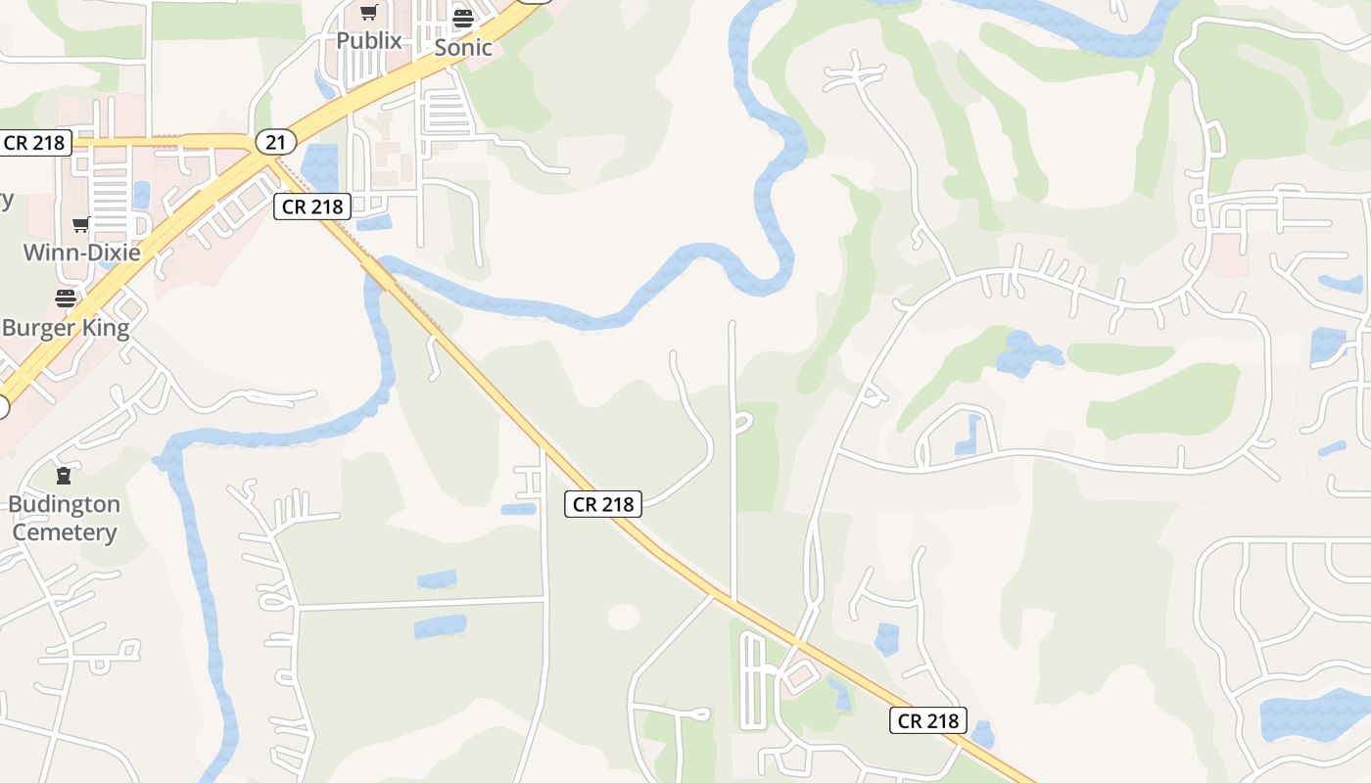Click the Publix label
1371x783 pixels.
point(369,40)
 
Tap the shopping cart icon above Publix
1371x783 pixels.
point(368,13)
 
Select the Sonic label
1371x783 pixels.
point(463,47)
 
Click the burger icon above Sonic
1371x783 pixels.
point(463,18)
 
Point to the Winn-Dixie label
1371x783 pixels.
point(81,252)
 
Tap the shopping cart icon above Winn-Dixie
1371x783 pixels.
point(81,225)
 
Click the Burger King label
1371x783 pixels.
point(66,327)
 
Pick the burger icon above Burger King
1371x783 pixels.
point(66,299)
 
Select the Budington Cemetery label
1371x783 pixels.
point(65,519)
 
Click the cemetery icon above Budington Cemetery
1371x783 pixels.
point(65,477)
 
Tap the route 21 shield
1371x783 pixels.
point(275,143)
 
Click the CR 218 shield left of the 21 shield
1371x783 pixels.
point(34,143)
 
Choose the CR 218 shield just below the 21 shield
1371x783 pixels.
point(312,207)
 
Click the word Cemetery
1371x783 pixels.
point(65,532)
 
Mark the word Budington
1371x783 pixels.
point(65,505)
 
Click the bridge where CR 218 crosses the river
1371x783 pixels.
point(380,272)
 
